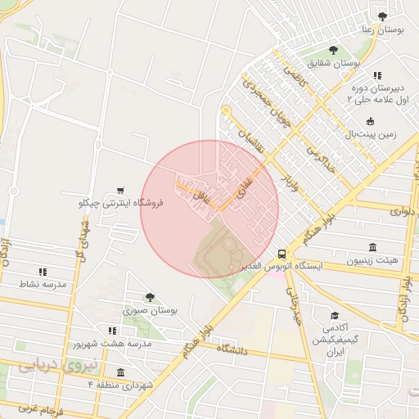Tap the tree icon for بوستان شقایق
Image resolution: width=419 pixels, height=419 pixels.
point(332,49)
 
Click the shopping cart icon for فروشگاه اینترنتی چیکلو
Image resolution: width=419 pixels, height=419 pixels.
point(121,189)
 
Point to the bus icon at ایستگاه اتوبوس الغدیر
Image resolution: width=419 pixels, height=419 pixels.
point(282,254)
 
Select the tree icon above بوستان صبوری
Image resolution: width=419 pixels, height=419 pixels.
point(149,298)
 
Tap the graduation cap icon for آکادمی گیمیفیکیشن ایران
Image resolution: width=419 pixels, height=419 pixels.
point(334,315)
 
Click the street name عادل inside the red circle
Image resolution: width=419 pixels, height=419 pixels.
point(201,196)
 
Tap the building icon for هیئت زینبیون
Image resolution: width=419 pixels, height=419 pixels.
point(372,248)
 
